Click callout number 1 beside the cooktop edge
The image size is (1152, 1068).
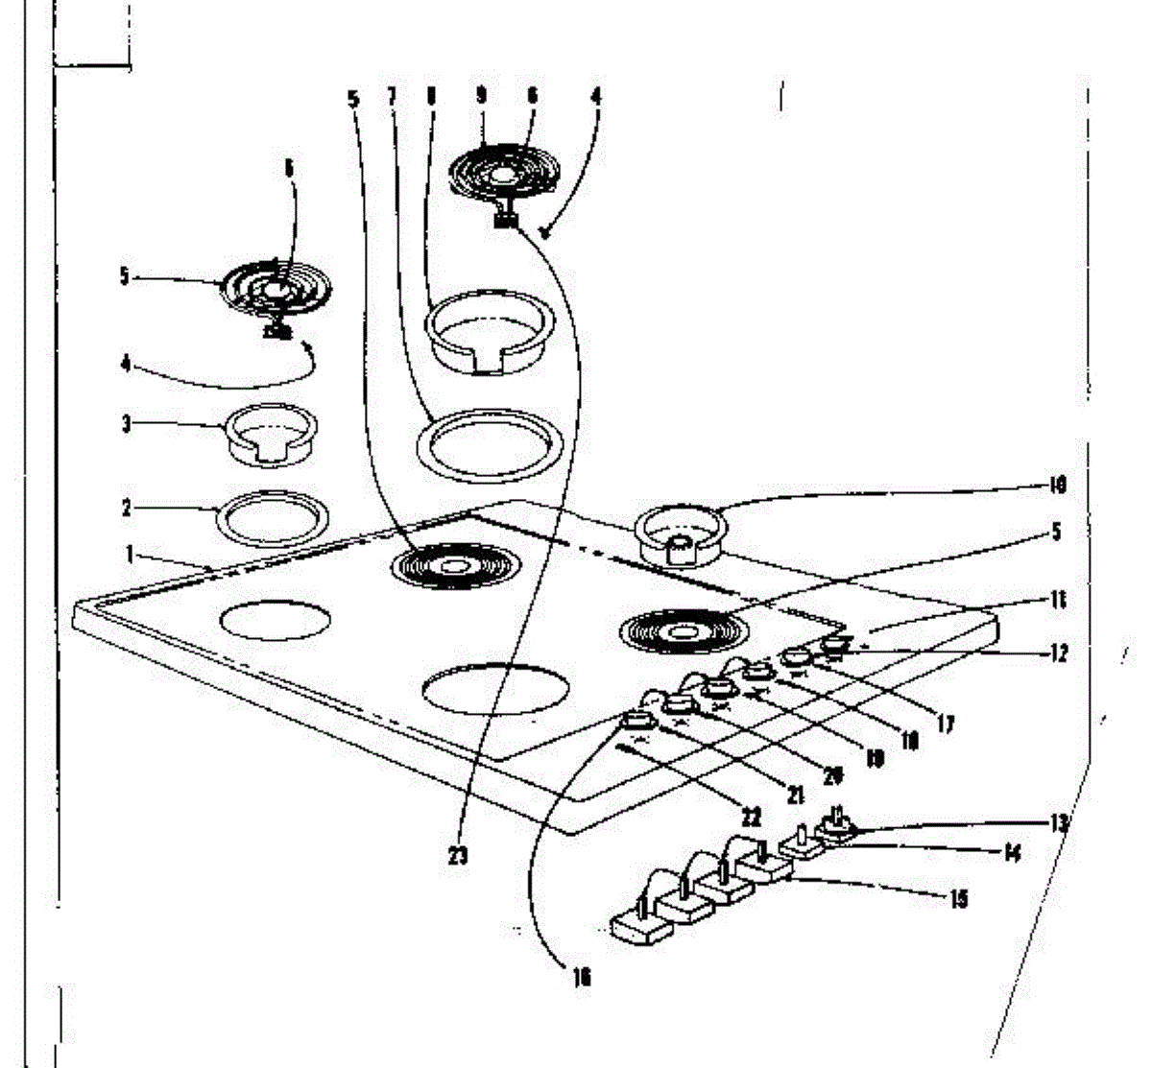click(x=129, y=554)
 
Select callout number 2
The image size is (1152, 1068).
click(x=127, y=509)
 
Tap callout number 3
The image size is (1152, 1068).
click(x=127, y=423)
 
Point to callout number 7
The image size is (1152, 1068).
click(x=392, y=96)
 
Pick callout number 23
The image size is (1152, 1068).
click(x=459, y=856)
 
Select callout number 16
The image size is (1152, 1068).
click(x=582, y=978)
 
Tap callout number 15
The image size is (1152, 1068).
click(x=958, y=899)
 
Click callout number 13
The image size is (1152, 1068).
click(x=1059, y=822)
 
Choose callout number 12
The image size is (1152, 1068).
click(x=1059, y=655)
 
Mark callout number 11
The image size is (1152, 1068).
click(x=1057, y=601)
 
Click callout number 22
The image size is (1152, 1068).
click(x=751, y=818)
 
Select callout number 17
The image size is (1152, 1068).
click(x=946, y=724)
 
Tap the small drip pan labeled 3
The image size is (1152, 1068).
click(x=273, y=434)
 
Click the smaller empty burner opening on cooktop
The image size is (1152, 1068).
click(x=275, y=621)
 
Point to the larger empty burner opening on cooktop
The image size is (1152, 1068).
click(x=495, y=690)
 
